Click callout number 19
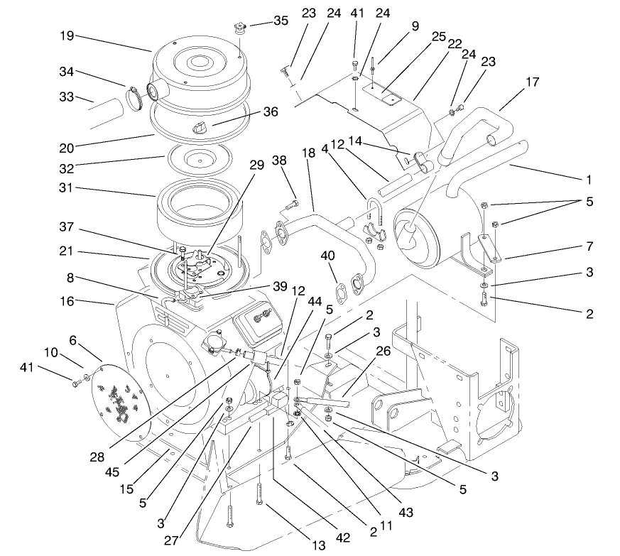[67, 36]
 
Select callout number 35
[281, 21]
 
